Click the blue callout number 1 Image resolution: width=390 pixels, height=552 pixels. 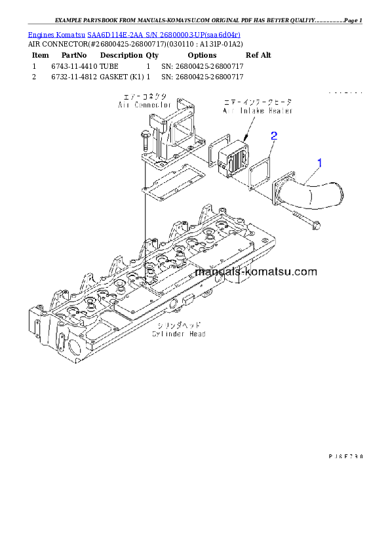[320, 162]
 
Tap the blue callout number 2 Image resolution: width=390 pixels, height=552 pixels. [274, 136]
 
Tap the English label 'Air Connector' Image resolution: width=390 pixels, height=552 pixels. [145, 104]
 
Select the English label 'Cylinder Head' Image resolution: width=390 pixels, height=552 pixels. [179, 334]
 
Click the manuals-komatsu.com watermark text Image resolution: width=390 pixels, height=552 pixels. [256, 271]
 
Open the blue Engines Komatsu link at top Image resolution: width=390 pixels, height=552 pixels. [134, 33]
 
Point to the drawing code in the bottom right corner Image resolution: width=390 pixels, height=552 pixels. [345, 456]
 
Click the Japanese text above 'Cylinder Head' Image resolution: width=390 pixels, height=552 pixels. [179, 325]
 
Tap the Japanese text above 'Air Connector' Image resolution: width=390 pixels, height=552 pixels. [145, 96]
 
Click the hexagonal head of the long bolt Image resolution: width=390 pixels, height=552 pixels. [318, 226]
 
